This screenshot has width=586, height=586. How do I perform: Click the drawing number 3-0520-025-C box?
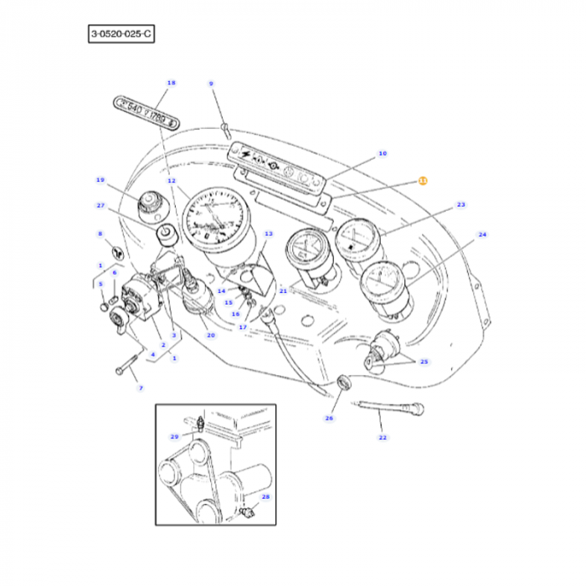[x=122, y=33]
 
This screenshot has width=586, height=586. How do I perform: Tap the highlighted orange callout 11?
[x=422, y=180]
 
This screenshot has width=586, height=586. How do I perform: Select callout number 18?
[x=172, y=83]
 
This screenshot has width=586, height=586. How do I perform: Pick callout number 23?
[x=460, y=205]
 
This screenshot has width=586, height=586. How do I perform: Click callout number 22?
[x=383, y=438]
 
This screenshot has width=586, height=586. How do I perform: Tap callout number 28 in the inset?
[x=265, y=496]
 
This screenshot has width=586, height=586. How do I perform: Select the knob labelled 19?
[x=151, y=202]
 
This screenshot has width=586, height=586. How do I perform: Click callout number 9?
[x=211, y=83]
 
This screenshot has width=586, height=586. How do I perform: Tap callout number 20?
[x=211, y=335]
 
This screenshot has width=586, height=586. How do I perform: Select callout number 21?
[x=283, y=291]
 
